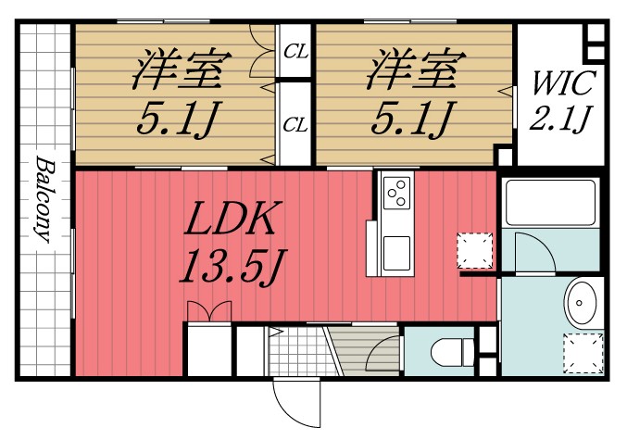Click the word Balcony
(43, 198)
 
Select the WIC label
(560, 86)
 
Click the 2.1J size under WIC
(560, 120)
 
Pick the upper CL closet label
(295, 52)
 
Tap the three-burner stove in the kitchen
(396, 194)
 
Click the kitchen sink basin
(396, 251)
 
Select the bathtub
(548, 202)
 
